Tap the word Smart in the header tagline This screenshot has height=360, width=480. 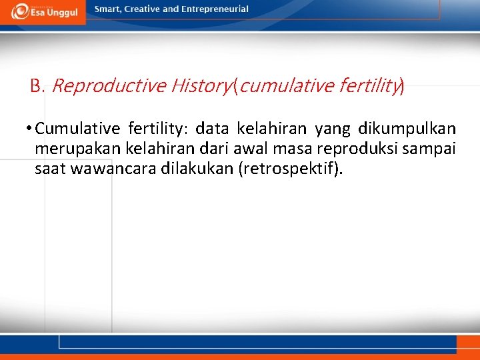coord(109,9)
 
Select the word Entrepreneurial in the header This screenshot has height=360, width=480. coord(215,9)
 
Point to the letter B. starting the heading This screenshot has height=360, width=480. coord(37,86)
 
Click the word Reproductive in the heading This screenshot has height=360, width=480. coord(108,86)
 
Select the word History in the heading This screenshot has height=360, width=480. coord(200,86)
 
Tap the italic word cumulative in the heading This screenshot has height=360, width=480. coord(280,86)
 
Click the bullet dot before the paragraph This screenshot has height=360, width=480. coord(29,128)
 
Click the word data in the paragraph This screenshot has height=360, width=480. coord(212,128)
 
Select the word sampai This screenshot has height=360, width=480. coord(429,148)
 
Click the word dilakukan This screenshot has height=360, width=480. coord(198,168)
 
